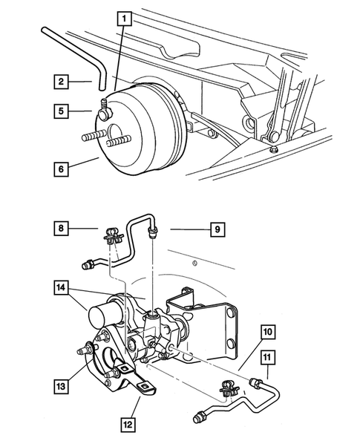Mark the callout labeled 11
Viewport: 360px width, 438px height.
point(268,360)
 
